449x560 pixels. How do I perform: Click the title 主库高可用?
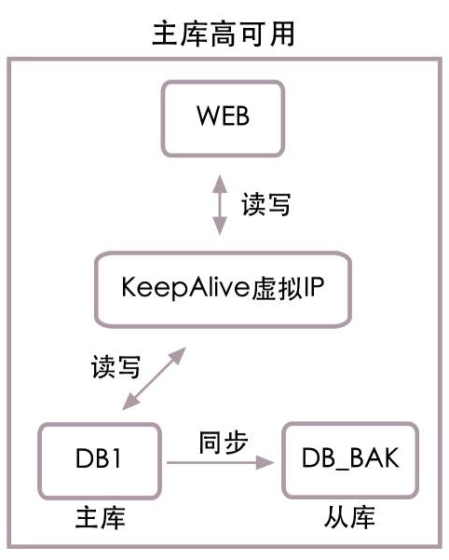pyautogui.click(x=224, y=34)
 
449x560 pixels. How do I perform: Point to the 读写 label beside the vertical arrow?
pyautogui.click(x=265, y=204)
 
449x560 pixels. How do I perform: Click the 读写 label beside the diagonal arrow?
pyautogui.click(x=116, y=366)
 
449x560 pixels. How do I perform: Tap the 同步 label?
pyautogui.click(x=224, y=443)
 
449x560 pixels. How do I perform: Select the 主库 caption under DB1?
pyautogui.click(x=101, y=517)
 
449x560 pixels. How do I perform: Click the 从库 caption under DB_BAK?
pyautogui.click(x=349, y=517)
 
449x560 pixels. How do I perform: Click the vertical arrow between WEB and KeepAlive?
pyautogui.click(x=220, y=205)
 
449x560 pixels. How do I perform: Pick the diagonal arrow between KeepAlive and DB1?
pyautogui.click(x=155, y=378)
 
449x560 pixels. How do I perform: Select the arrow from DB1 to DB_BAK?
pyautogui.click(x=220, y=462)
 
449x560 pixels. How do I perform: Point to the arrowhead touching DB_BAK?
pyautogui.click(x=265, y=462)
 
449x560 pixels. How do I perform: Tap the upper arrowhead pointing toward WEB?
pyautogui.click(x=220, y=184)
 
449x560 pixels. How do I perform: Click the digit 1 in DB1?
pyautogui.click(x=116, y=458)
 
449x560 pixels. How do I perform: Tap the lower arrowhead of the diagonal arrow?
pyautogui.click(x=130, y=403)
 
